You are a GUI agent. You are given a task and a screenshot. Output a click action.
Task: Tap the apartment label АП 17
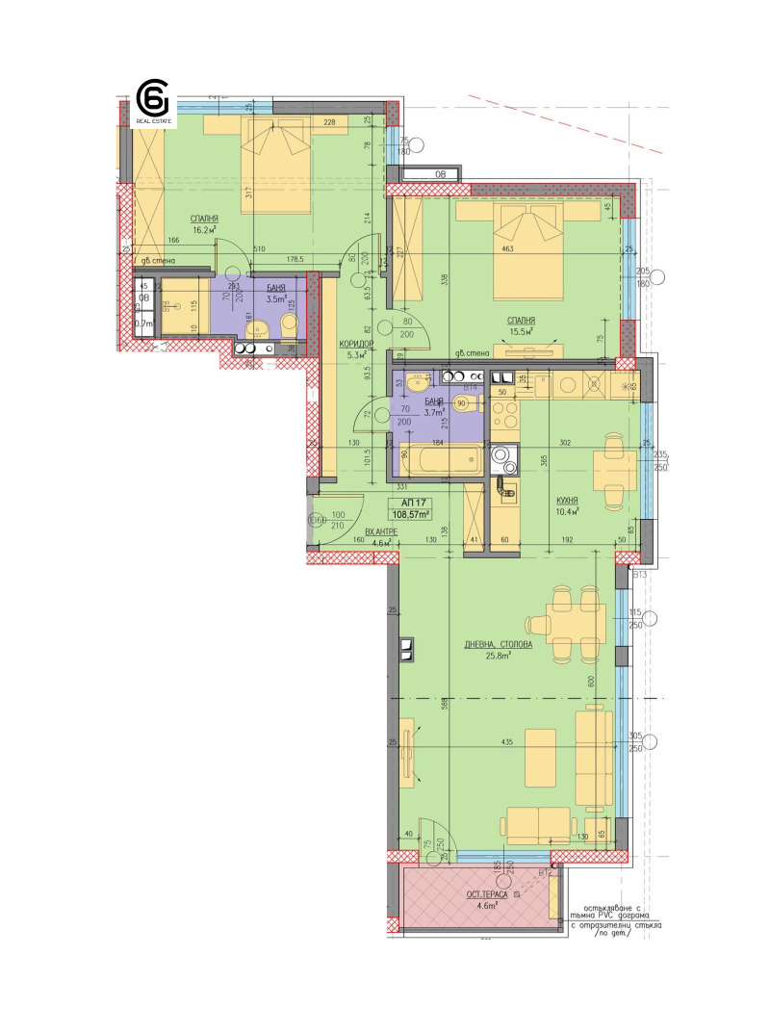click(415, 503)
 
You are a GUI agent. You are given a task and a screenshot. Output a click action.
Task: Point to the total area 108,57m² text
click(415, 515)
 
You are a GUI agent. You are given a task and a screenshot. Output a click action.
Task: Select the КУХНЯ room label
click(567, 503)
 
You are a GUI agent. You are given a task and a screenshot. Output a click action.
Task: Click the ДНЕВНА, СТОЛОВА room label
click(478, 644)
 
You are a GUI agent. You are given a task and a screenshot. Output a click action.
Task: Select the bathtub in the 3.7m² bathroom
click(439, 460)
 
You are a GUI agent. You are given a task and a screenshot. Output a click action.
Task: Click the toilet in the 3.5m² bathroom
click(257, 331)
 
